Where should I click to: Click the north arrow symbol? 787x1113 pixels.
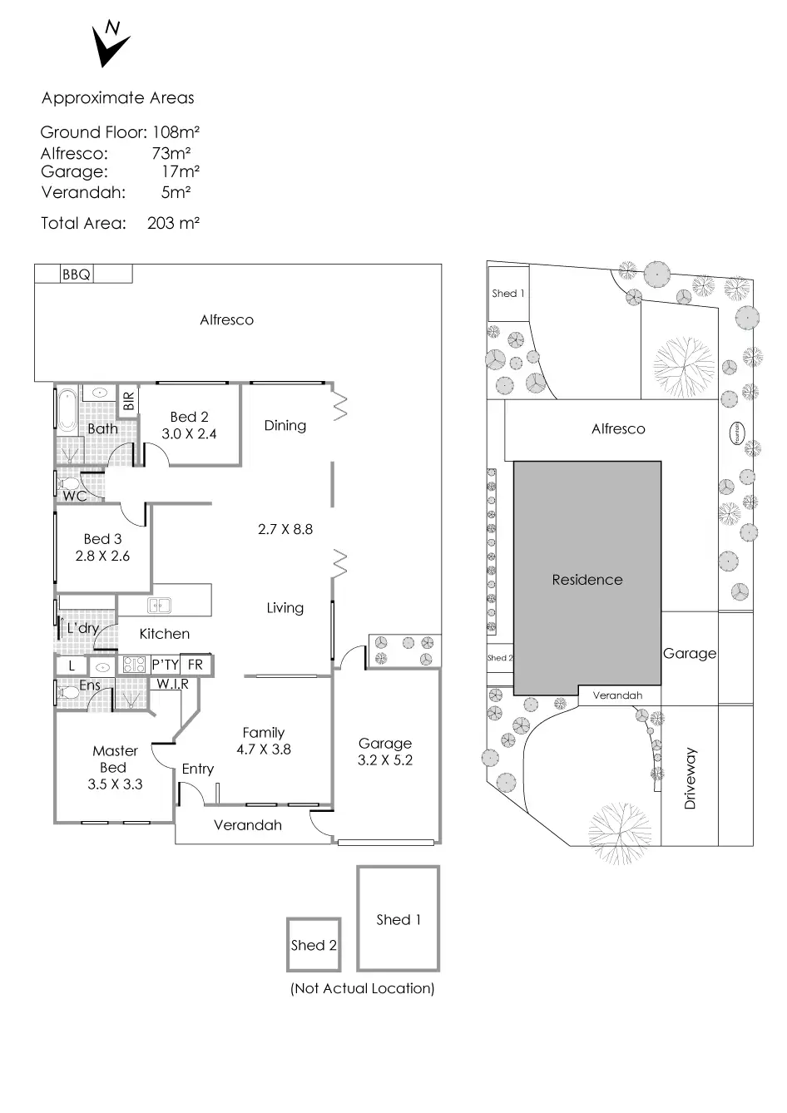click(x=109, y=45)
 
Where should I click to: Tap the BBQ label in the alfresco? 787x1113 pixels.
click(x=76, y=274)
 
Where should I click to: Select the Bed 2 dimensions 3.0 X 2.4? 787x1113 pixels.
click(x=189, y=433)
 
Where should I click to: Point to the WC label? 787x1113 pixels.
click(x=75, y=496)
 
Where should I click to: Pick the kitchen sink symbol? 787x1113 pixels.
click(x=159, y=605)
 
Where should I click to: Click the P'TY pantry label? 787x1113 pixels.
click(x=165, y=665)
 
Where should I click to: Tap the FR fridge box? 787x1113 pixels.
click(x=196, y=665)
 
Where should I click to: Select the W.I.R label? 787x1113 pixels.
click(x=173, y=684)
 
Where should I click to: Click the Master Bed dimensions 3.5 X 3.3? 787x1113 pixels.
click(x=115, y=784)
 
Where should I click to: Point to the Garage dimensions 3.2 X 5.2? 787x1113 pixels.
click(x=385, y=759)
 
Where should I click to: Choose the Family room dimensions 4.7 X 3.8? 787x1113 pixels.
click(x=264, y=749)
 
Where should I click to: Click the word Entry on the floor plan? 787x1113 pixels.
click(x=198, y=769)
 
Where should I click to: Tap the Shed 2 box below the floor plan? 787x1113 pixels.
click(x=314, y=945)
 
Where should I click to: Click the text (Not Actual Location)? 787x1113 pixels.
click(x=363, y=988)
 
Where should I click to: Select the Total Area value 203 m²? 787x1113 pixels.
click(x=173, y=223)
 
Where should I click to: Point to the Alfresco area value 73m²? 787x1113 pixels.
click(x=171, y=153)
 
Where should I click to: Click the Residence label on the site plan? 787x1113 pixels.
click(x=587, y=580)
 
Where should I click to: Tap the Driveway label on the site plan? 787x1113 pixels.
click(x=690, y=779)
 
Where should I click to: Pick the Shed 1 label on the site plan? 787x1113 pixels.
click(x=508, y=293)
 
